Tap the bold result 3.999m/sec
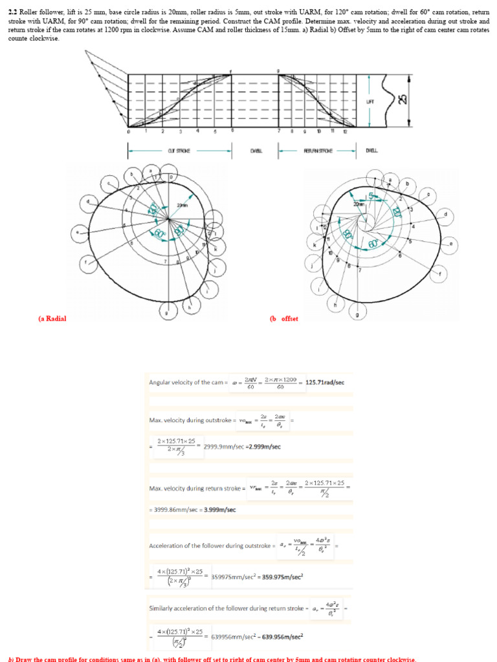click(x=220, y=509)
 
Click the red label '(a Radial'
click(x=52, y=319)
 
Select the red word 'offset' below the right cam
click(x=289, y=319)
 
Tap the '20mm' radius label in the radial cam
click(x=181, y=205)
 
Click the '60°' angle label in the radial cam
click(x=157, y=233)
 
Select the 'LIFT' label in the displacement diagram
click(x=370, y=101)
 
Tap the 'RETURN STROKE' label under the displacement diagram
click(x=317, y=151)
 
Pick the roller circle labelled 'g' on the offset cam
click(x=359, y=315)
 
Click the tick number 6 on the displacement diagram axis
click(x=232, y=131)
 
